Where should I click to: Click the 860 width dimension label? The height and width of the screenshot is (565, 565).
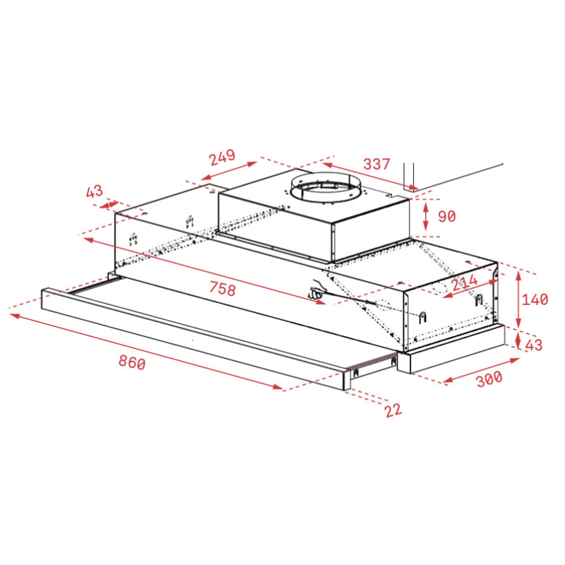pyautogui.click(x=132, y=362)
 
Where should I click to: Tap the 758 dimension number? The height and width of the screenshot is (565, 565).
pyautogui.click(x=222, y=289)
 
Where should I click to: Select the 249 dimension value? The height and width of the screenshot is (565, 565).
pyautogui.click(x=222, y=157)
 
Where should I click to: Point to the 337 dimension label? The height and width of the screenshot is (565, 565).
pyautogui.click(x=376, y=164)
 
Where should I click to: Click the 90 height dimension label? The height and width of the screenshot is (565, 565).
pyautogui.click(x=447, y=216)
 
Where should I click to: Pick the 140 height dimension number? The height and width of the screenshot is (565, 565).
pyautogui.click(x=535, y=299)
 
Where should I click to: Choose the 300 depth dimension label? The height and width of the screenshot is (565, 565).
pyautogui.click(x=489, y=379)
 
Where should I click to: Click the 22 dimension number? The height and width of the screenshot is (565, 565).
pyautogui.click(x=393, y=410)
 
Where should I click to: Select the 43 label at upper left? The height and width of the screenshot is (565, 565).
pyautogui.click(x=95, y=191)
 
